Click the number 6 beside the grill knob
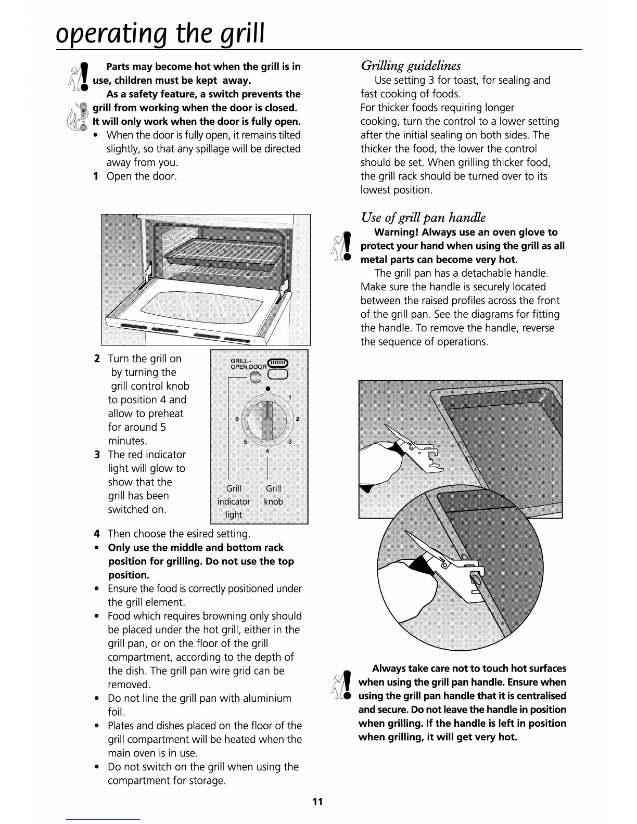(x=237, y=419)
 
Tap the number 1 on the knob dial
(x=290, y=398)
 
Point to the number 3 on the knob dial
(x=289, y=442)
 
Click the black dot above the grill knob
(x=267, y=389)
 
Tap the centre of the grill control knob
(x=267, y=419)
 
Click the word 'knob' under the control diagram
(x=273, y=501)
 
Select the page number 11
(x=317, y=802)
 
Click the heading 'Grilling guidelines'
(x=411, y=66)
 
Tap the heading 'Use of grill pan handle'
(x=423, y=217)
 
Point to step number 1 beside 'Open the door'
(x=96, y=176)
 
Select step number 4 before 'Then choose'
(x=97, y=534)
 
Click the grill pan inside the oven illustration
(x=223, y=255)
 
